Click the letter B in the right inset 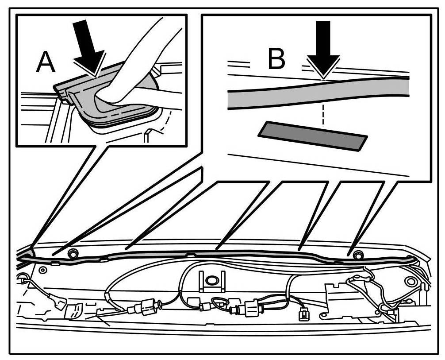pos(277,59)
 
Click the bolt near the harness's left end pos(73,254)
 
